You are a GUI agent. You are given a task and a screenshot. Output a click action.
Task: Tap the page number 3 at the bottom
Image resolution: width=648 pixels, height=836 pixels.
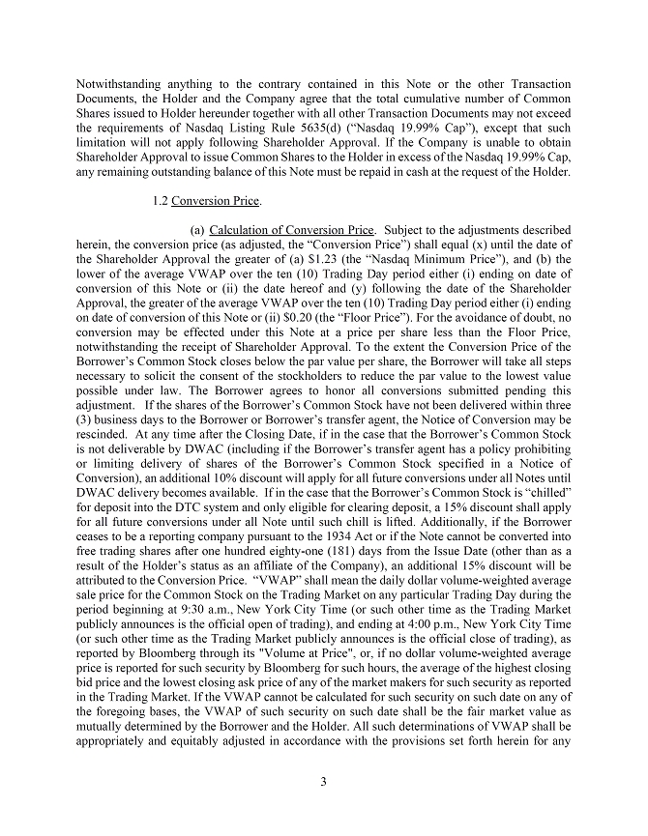(324, 782)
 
